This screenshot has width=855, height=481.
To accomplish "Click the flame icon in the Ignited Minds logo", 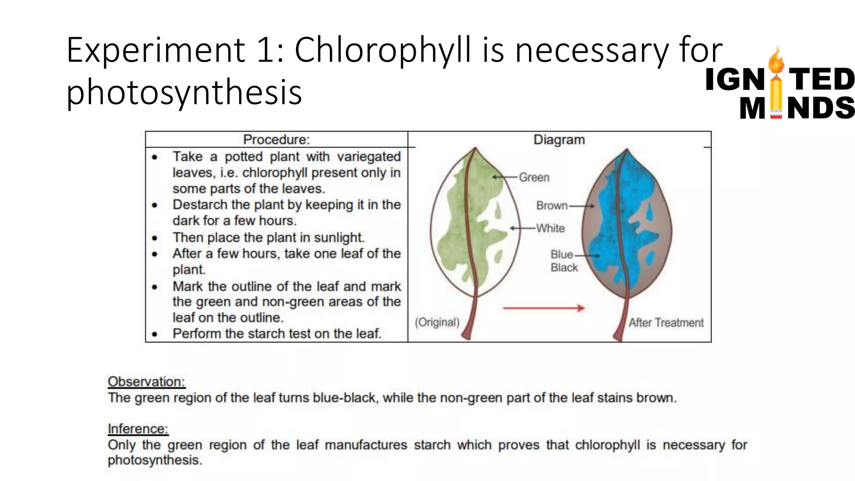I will [776, 61].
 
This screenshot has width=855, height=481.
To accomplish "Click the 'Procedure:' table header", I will [276, 139].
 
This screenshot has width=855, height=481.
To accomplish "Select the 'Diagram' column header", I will [559, 139].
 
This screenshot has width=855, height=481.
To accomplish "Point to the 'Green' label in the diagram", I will [534, 177].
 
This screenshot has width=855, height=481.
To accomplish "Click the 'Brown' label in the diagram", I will [551, 205].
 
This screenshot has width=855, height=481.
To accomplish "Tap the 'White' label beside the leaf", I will [550, 228].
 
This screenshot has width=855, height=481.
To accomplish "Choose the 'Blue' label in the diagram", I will [562, 254].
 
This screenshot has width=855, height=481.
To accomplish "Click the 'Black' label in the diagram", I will [564, 268].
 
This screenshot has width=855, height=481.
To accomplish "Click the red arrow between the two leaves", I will [544, 308].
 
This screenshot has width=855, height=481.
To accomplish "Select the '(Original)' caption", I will [437, 322].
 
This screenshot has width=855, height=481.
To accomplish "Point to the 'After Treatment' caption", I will [666, 323].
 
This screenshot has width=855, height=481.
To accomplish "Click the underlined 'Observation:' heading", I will [146, 382].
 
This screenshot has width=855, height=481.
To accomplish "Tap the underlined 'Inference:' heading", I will [138, 429].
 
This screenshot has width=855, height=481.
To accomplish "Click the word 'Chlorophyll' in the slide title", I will [382, 50].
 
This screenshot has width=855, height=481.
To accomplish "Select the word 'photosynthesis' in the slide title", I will [184, 92].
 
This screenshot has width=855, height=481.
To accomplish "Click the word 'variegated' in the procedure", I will [369, 157].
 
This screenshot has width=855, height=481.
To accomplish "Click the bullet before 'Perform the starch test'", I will [155, 334].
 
